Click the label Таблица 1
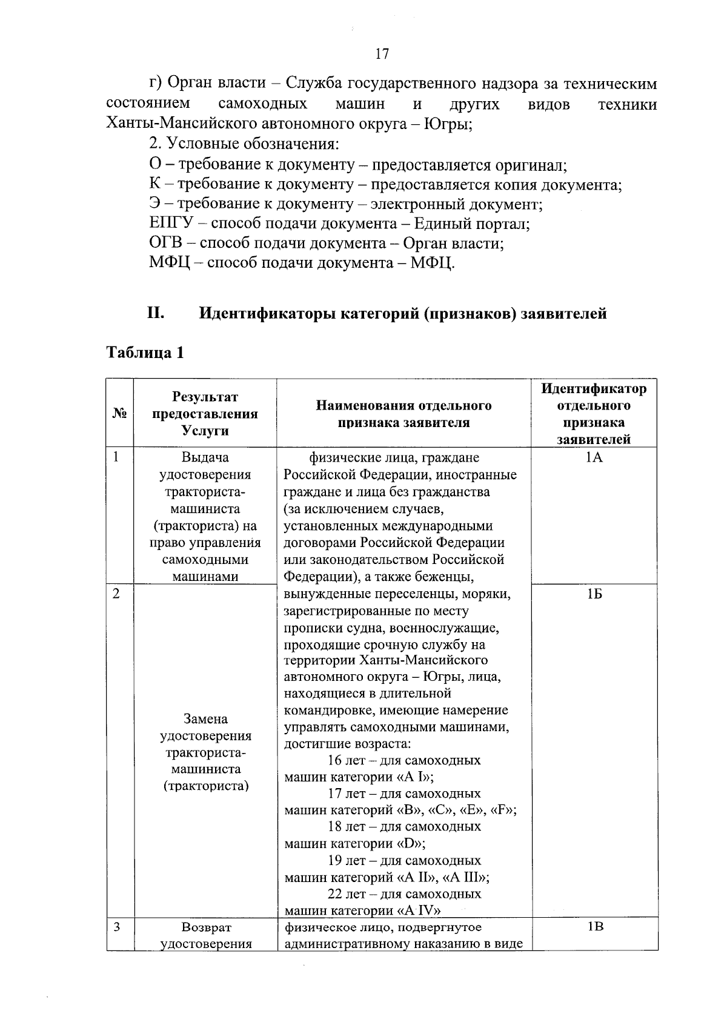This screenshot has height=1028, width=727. (x=145, y=353)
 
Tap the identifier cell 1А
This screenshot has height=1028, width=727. (x=594, y=458)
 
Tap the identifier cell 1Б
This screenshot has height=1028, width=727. (x=594, y=594)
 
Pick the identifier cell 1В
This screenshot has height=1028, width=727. (x=595, y=926)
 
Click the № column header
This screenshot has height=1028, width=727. (x=119, y=414)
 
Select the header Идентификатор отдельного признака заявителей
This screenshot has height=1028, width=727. (x=594, y=414)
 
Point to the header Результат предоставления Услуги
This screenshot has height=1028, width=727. (x=205, y=414)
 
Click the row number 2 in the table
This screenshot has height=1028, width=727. (x=116, y=594)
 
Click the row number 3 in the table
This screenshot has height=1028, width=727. (x=116, y=927)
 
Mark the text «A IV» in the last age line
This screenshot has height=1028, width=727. (x=419, y=910)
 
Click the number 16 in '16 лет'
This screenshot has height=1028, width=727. (x=334, y=760)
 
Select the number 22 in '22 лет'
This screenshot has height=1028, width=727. (x=335, y=894)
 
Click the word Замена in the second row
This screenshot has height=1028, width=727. (x=205, y=719)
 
